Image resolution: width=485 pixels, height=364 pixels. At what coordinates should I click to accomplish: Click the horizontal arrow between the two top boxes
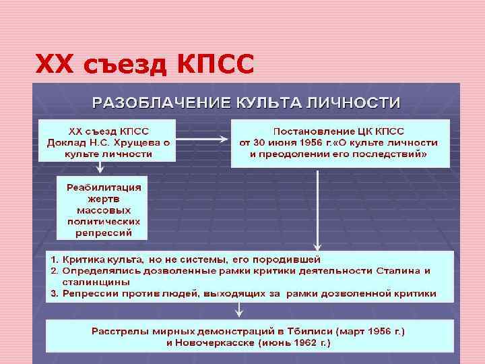pos(203,140)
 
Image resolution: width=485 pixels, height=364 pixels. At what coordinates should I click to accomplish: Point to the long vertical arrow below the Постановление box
pos(317,209)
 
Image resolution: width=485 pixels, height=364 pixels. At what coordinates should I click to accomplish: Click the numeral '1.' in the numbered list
pos(57,259)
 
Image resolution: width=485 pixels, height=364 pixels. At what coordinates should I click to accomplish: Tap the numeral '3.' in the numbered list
pos(57,293)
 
